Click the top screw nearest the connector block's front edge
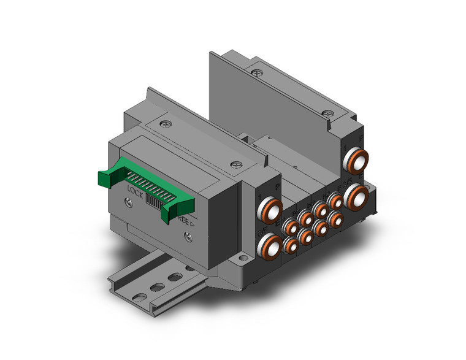point(235,164)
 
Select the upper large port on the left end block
point(270,210)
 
